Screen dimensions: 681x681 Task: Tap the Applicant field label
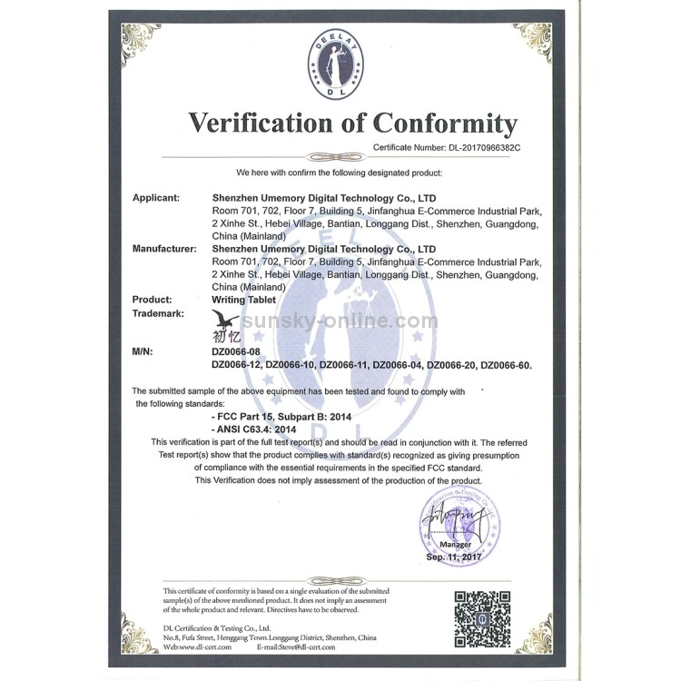coord(157,197)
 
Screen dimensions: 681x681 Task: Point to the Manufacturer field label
coord(165,248)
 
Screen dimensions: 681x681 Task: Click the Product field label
coord(153,299)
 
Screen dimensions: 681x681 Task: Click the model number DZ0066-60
coord(506,364)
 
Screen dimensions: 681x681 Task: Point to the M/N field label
coord(145,350)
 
